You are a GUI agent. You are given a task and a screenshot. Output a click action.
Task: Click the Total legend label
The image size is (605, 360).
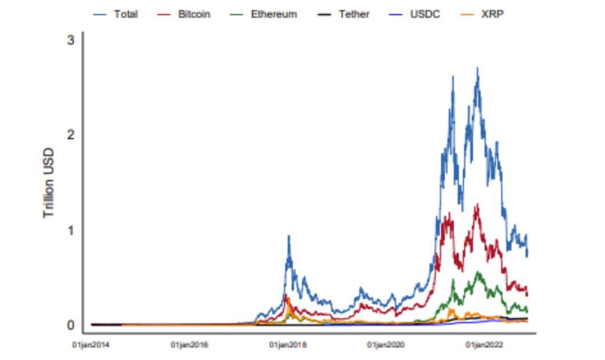125,14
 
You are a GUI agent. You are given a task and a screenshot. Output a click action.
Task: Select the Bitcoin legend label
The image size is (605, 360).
194,14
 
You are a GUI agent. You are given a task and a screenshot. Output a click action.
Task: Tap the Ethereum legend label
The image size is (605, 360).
273,14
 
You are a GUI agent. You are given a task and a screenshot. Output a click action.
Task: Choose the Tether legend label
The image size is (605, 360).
354,14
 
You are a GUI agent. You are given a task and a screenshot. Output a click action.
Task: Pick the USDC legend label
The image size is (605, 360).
425,14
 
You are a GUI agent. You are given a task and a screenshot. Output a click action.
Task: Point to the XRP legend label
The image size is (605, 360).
492,14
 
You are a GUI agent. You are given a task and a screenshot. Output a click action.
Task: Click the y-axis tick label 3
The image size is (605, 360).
70,40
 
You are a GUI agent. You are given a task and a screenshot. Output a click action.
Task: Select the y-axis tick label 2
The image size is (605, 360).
70,134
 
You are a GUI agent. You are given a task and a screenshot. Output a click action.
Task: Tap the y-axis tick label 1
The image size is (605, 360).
70,230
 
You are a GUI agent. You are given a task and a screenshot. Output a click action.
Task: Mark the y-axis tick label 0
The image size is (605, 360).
70,325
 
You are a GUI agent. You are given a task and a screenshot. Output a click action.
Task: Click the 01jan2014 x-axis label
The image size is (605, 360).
91,345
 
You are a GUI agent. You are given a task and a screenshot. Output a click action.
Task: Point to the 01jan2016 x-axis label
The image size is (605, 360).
189,345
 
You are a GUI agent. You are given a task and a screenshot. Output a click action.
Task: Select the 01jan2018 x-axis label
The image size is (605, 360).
288,345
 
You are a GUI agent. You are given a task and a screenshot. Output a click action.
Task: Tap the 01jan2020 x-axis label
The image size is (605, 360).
386,345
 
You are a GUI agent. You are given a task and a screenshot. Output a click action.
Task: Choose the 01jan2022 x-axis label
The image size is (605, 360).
484,345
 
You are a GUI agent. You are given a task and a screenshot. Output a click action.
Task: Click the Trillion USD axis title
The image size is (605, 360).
49,183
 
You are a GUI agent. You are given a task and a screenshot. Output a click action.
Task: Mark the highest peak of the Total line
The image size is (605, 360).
477,68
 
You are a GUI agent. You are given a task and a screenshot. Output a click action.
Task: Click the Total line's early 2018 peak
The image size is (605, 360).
288,236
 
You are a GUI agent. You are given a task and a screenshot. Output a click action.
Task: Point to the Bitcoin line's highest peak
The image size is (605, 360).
477,204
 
